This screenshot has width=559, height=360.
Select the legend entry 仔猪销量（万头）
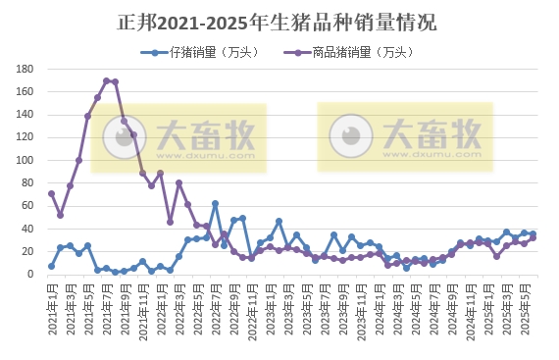(191, 52)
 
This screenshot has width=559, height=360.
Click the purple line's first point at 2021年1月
(51, 193)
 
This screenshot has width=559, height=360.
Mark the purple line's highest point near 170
(106, 80)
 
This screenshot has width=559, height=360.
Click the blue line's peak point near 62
(215, 204)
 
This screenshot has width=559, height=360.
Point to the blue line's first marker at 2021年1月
(51, 266)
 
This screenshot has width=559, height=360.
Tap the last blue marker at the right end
(533, 233)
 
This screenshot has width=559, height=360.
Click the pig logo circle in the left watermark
(123, 137)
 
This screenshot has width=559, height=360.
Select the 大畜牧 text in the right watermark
(431, 130)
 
